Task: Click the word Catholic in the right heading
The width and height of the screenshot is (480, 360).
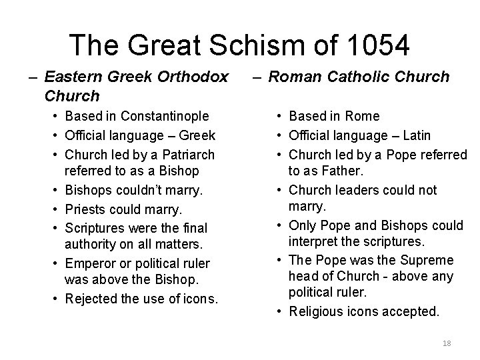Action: click(x=363, y=77)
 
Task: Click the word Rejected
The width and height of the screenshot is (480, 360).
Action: click(x=93, y=298)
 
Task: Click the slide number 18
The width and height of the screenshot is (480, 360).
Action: click(x=447, y=343)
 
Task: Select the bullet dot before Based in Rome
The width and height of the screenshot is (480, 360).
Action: click(x=275, y=117)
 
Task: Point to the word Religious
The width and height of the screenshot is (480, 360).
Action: click(x=316, y=311)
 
